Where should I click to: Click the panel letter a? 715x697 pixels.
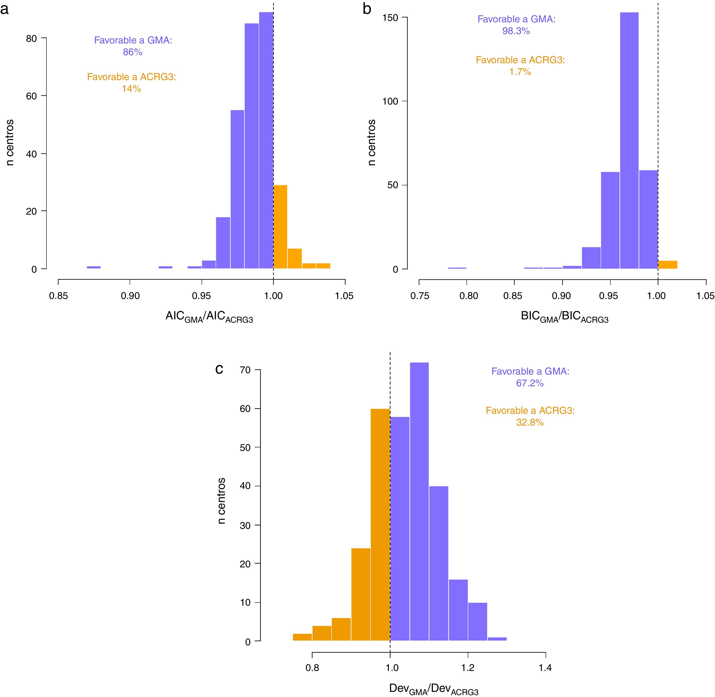tap(4, 9)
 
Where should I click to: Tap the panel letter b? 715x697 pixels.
tap(367, 9)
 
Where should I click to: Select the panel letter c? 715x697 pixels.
tap(219, 369)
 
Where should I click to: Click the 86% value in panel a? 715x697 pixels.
tap(132, 52)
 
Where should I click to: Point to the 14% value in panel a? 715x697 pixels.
tap(131, 89)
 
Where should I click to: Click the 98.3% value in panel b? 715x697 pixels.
tap(516, 31)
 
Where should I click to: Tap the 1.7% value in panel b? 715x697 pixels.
tap(520, 72)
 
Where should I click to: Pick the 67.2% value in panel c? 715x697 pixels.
tap(530, 383)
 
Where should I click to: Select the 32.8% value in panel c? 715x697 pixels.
tap(530, 422)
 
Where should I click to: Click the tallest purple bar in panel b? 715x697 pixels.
tap(629, 141)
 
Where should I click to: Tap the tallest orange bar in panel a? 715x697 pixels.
tap(280, 227)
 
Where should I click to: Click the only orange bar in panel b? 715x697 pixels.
tap(667, 265)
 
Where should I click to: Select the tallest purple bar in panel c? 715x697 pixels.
tap(419, 502)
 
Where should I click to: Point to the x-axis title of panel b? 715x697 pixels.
tap(564, 317)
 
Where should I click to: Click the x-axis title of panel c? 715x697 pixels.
tap(433, 689)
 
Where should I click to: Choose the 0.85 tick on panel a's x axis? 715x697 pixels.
tap(58, 296)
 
